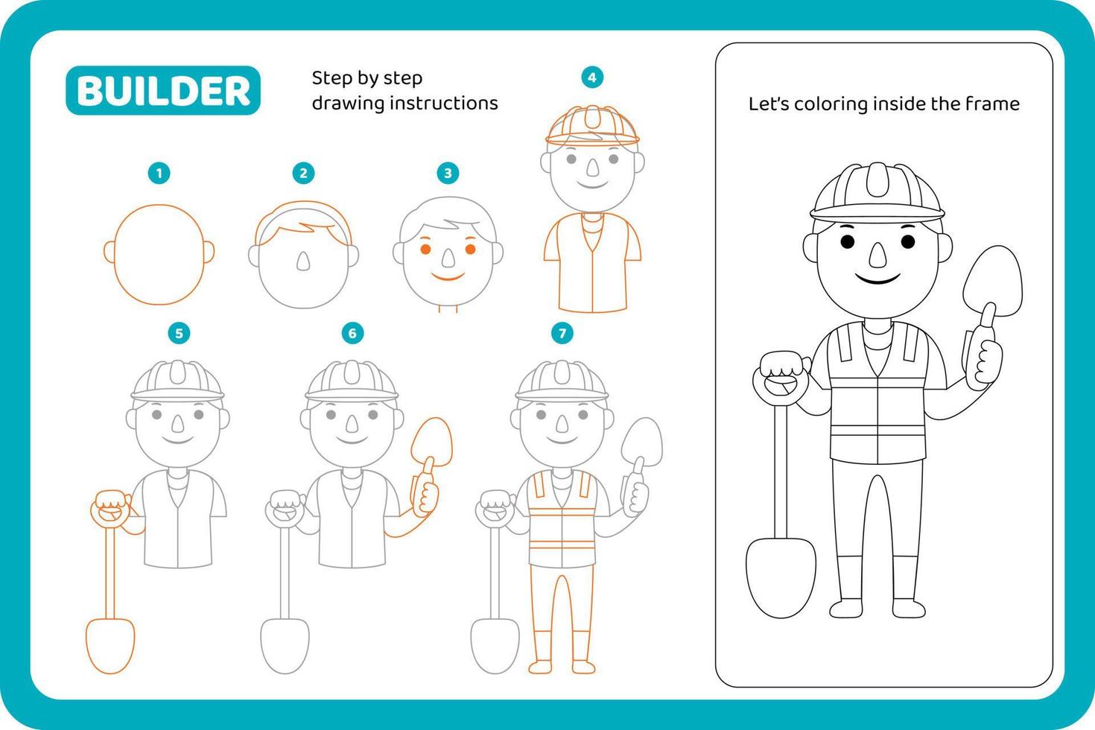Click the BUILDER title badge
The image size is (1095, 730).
click(x=163, y=91)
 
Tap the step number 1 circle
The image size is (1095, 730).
click(x=159, y=174)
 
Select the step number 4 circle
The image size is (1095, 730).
click(x=592, y=77)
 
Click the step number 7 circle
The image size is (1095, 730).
click(x=562, y=333)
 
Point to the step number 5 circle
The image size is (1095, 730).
click(x=179, y=333)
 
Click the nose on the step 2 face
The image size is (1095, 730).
click(x=303, y=261)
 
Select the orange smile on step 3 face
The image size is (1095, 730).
click(x=448, y=277)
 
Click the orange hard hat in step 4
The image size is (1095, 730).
click(x=592, y=124)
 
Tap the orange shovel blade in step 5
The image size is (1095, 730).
click(x=110, y=644)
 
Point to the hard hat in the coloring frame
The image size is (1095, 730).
click(x=877, y=192)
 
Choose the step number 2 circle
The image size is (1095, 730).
click(x=303, y=174)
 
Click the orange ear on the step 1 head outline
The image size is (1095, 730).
click(x=109, y=252)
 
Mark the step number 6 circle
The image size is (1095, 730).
click(x=353, y=333)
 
